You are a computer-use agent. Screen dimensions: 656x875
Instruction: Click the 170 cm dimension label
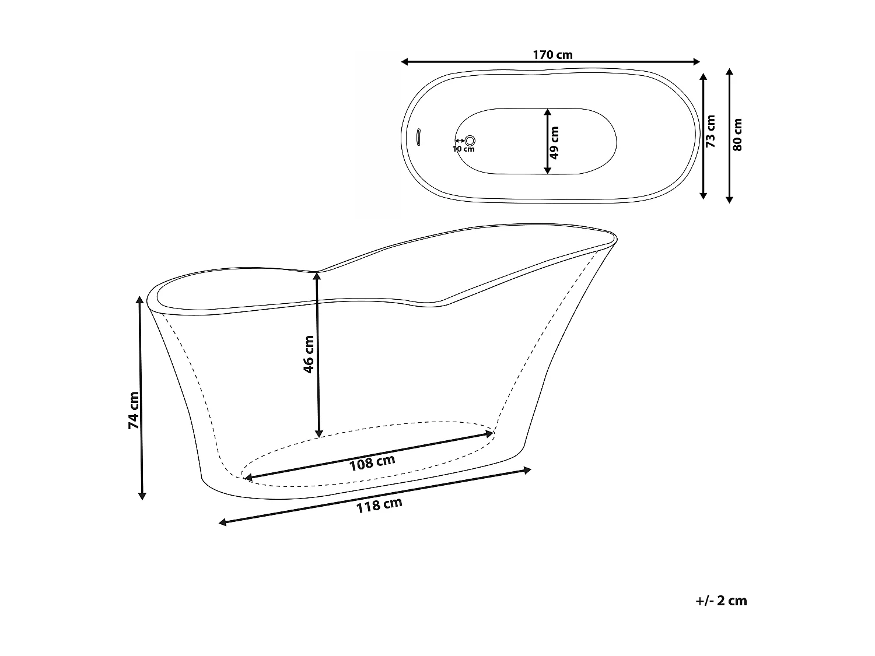coord(552,55)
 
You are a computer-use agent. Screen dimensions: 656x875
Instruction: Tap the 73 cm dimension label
coord(710,131)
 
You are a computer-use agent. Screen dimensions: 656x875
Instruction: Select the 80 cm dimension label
coord(738,135)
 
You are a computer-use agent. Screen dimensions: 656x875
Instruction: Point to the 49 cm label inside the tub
coord(554,143)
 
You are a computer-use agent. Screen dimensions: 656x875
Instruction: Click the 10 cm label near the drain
coord(464,149)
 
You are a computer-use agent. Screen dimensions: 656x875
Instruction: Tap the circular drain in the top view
coord(470,140)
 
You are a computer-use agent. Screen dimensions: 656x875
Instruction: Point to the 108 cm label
coord(372,462)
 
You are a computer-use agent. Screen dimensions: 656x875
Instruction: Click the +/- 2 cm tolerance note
coord(721,601)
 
